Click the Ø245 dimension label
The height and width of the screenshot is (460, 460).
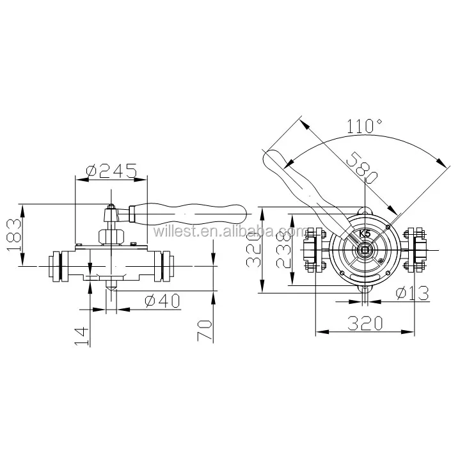[111, 171]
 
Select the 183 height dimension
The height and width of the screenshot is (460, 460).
[14, 235]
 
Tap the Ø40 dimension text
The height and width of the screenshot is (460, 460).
[163, 301]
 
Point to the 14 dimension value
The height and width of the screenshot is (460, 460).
[82, 336]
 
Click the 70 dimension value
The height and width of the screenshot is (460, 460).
[205, 330]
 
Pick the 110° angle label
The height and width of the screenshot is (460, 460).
[365, 126]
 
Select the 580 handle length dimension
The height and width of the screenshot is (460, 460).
[362, 168]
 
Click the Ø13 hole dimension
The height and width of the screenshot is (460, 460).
[412, 294]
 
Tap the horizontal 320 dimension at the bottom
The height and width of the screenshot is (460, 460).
[365, 323]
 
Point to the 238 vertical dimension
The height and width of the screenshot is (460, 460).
[283, 250]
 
